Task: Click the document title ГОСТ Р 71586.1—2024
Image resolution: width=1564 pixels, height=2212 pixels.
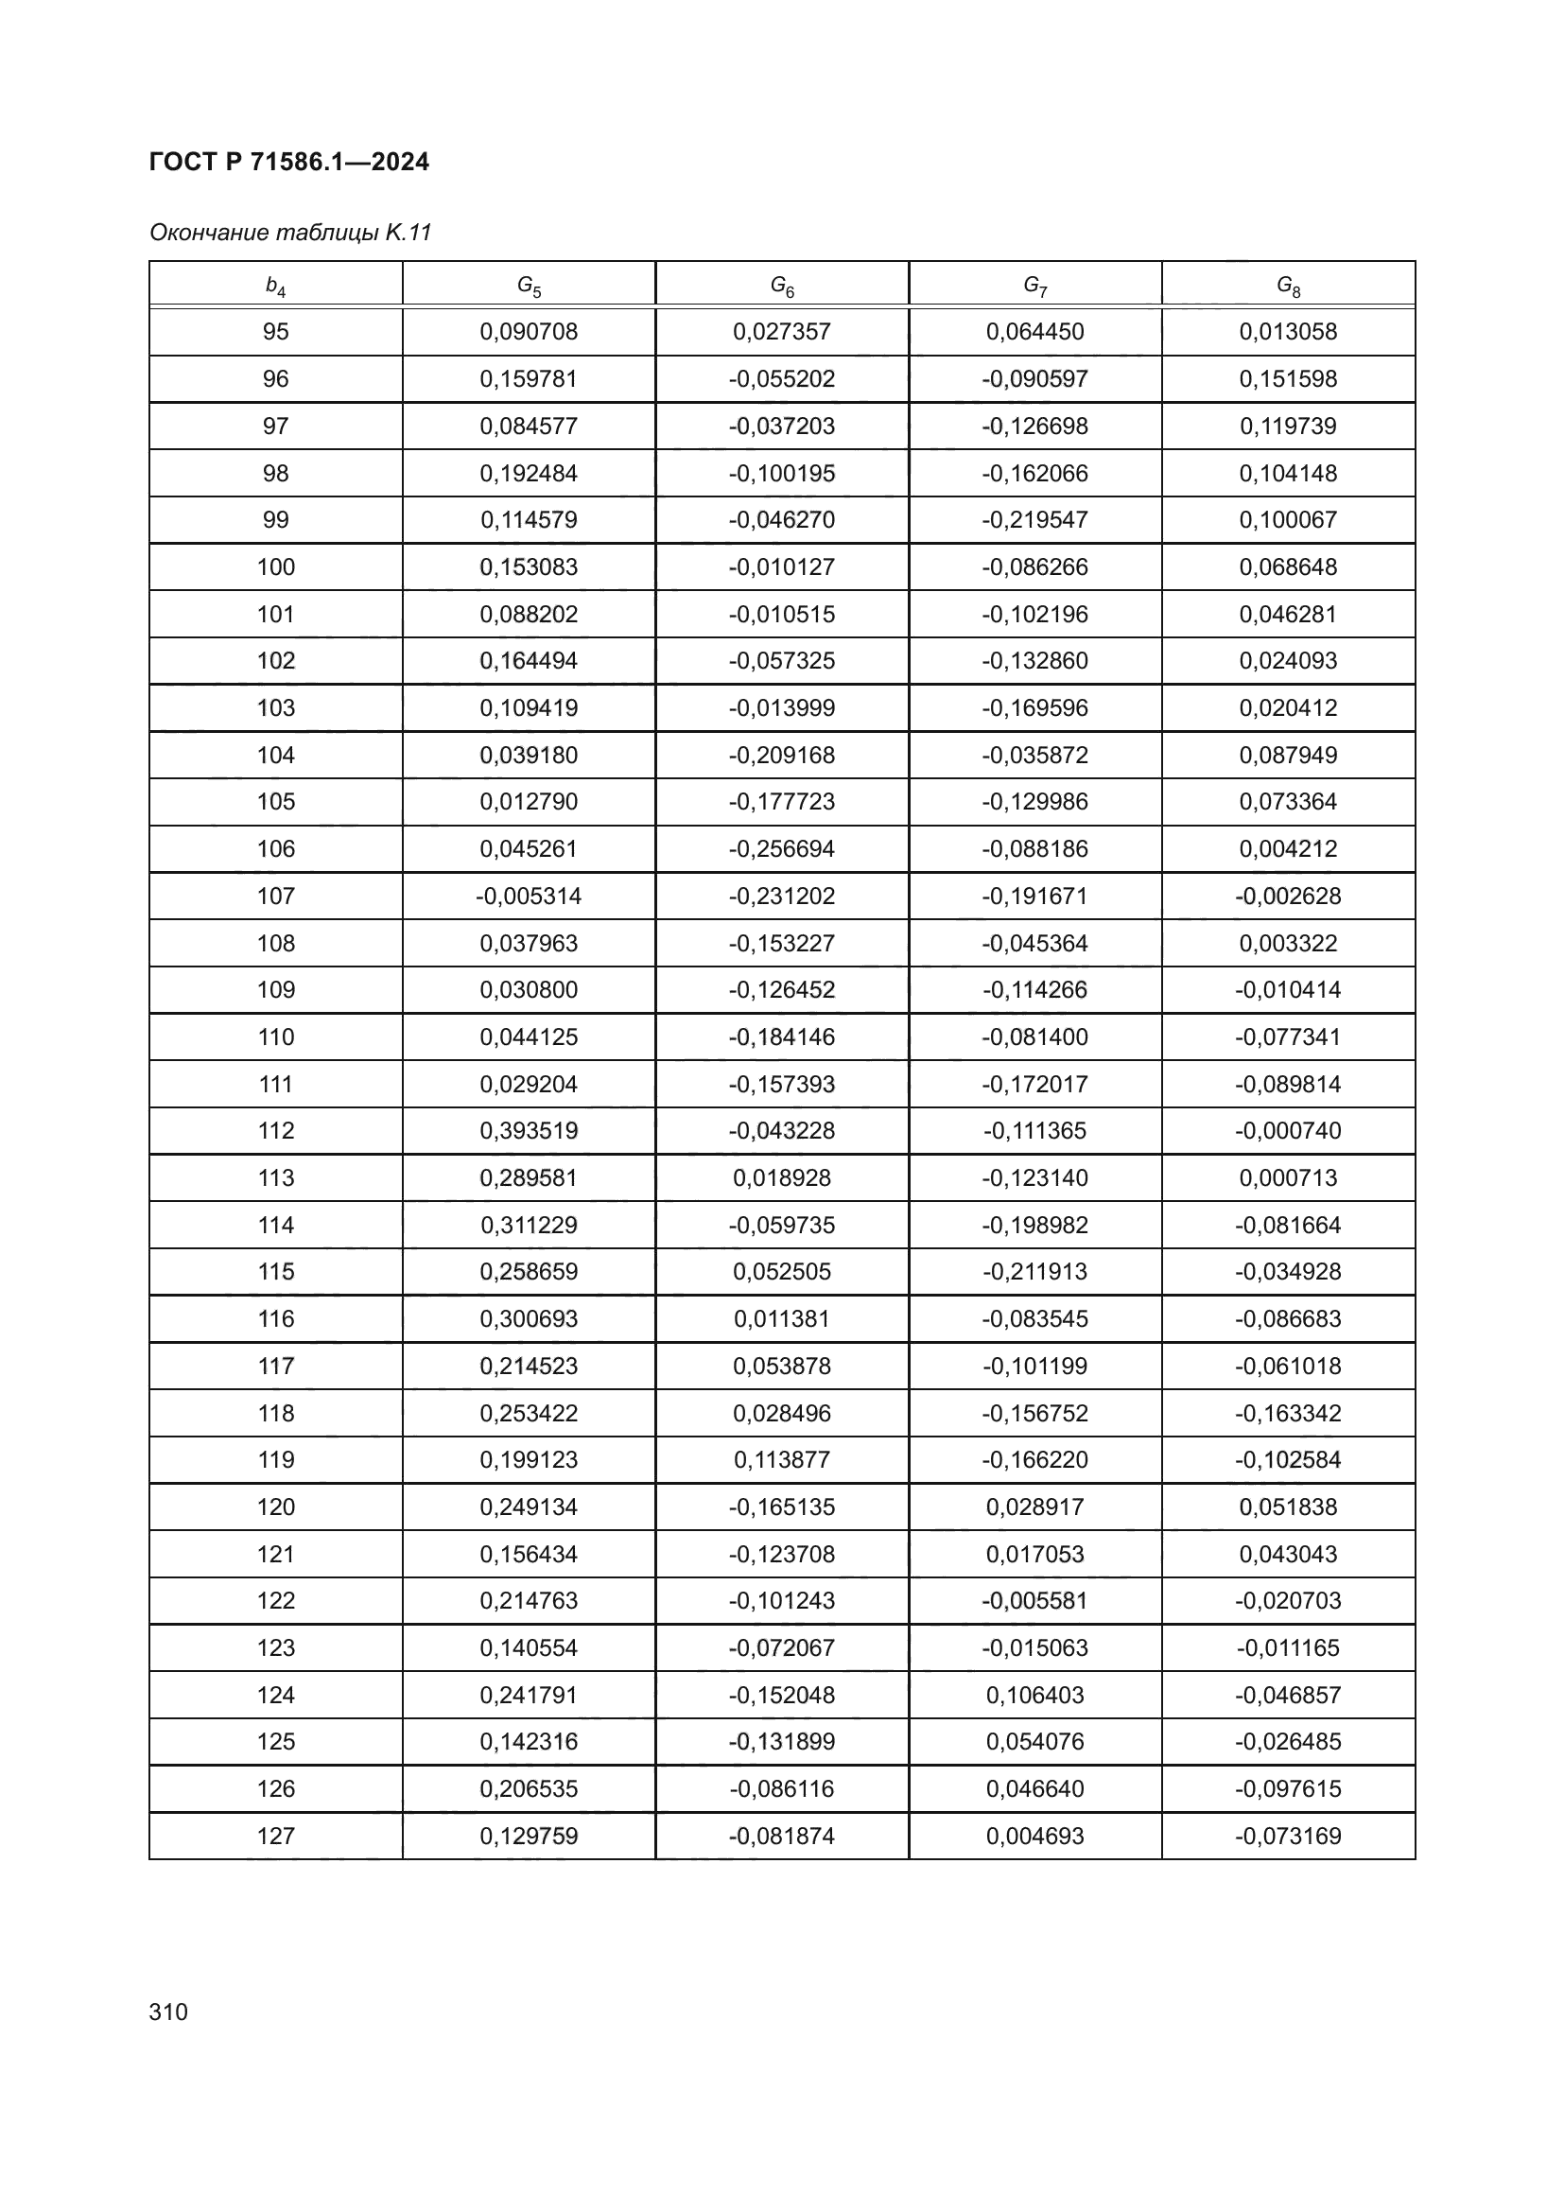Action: tap(289, 162)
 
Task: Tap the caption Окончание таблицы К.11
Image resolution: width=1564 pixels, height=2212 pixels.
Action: tap(290, 233)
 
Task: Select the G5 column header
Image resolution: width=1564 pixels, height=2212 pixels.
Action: tap(529, 286)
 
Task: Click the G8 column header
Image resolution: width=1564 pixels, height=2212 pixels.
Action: tap(1288, 286)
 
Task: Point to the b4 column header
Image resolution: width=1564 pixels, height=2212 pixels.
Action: tap(275, 286)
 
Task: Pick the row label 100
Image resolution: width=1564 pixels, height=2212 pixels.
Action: tap(275, 566)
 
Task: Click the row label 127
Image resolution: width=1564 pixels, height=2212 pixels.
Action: tap(275, 1836)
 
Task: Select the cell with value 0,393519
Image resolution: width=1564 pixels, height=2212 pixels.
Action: tap(529, 1130)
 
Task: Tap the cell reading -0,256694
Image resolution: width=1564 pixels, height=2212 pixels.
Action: tap(781, 848)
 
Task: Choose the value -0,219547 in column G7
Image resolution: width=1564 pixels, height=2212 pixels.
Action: tap(1034, 519)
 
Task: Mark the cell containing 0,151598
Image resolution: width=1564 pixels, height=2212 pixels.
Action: tap(1288, 378)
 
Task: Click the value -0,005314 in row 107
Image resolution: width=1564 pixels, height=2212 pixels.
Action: tap(529, 896)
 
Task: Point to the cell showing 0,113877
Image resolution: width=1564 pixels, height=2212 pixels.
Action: tap(781, 1459)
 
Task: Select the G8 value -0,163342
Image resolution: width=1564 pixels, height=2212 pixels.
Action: tap(1288, 1413)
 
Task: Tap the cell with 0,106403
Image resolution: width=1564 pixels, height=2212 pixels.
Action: tap(1034, 1695)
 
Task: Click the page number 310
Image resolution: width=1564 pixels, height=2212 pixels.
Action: tap(168, 2012)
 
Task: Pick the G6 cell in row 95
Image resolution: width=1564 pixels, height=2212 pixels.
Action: tap(781, 331)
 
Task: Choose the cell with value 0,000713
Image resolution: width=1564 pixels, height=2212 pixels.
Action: tap(1288, 1177)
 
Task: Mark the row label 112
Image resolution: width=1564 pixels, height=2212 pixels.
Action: tap(275, 1130)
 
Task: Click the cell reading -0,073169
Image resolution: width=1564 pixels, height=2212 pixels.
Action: tap(1288, 1836)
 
